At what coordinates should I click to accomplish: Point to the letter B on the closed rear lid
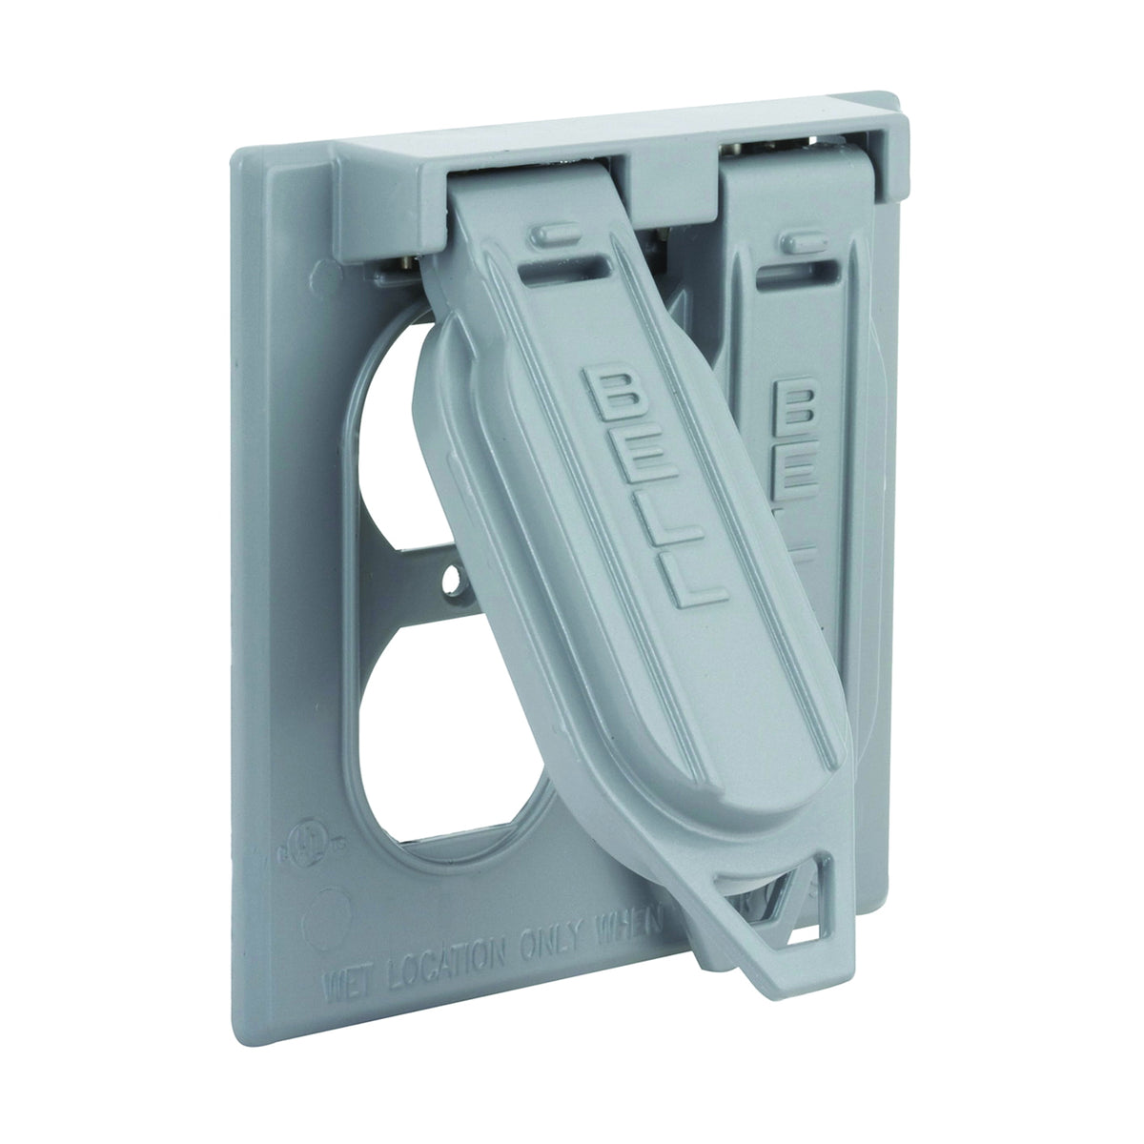click(793, 401)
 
